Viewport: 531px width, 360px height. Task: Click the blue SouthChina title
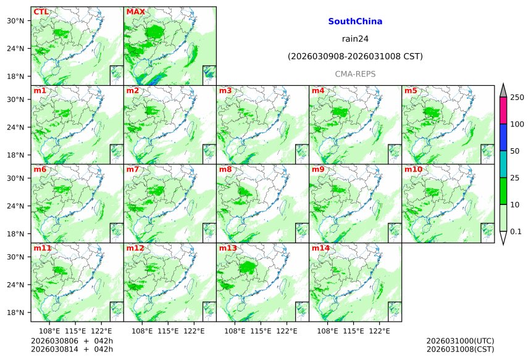click(x=355, y=22)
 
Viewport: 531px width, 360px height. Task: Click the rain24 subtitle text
click(x=355, y=39)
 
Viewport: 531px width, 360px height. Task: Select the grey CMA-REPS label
click(x=355, y=74)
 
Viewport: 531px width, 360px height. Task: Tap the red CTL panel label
click(x=41, y=12)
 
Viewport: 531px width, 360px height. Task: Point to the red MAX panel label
click(x=135, y=12)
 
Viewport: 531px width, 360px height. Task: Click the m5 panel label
click(x=411, y=91)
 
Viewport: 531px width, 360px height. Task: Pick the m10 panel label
click(x=413, y=169)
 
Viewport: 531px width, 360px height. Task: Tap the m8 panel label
click(x=225, y=169)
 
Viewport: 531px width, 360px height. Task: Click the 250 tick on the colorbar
click(x=517, y=98)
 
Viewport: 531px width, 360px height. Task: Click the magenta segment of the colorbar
click(x=503, y=111)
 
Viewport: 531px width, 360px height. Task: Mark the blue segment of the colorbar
click(x=503, y=137)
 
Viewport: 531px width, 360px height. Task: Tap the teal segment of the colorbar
click(x=503, y=164)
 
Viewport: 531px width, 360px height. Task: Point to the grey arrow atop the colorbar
click(x=503, y=90)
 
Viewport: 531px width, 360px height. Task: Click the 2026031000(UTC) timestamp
click(x=460, y=341)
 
